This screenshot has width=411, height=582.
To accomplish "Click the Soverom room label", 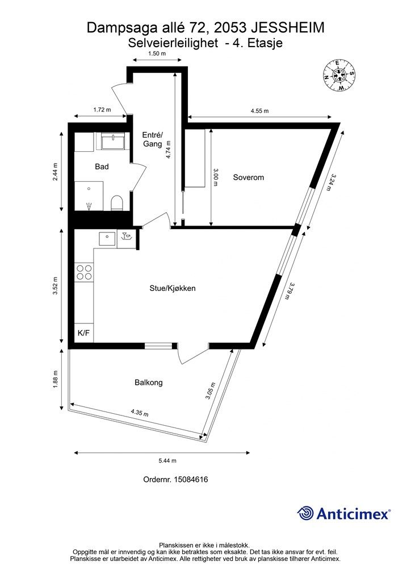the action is tap(248, 177).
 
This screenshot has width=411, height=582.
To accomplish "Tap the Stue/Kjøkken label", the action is tap(173, 288).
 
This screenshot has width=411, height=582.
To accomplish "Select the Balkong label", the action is tap(149, 383).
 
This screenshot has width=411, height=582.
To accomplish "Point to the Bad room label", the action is tap(102, 167).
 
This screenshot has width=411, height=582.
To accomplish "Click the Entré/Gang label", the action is tap(153, 139).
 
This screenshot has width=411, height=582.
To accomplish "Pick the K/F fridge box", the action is tap(84, 333).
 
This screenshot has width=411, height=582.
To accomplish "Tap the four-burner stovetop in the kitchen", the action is tap(84, 272).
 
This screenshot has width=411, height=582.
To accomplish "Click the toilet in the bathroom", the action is tap(116, 203).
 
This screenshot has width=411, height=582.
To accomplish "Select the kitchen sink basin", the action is tap(108, 238).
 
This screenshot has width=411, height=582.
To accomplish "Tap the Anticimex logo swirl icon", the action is tap(305, 513).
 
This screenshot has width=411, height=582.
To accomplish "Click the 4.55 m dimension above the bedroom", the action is tap(259, 111).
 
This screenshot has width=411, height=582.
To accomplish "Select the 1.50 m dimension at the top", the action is tap(157, 53).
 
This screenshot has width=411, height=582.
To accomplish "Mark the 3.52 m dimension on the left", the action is tap(55, 286).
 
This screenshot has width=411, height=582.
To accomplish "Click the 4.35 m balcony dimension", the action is tap(139, 413).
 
